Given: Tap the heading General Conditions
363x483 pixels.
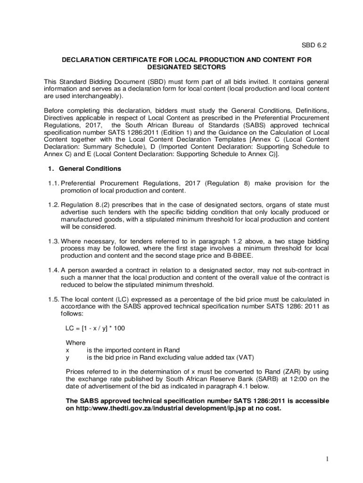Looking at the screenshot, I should coord(90,168).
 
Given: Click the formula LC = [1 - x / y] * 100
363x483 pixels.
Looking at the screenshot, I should coord(95,328).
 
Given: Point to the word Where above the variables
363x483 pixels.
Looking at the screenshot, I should coord(75,343).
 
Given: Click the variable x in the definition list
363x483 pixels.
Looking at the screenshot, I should coord(67,350).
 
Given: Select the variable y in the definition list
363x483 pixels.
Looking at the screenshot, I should coord(67,357).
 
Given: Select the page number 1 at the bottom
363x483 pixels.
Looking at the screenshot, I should coord(326,459).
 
